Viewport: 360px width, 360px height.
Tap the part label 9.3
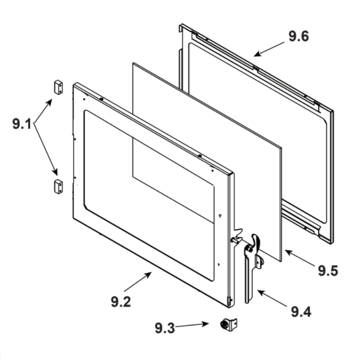tap(165, 328)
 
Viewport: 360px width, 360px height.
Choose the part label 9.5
tap(328, 270)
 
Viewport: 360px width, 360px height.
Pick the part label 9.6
tap(298, 37)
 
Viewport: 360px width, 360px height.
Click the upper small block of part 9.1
tap(58, 87)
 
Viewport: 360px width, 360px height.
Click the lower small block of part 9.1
tap(58, 186)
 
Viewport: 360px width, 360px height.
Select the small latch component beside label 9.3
tap(228, 324)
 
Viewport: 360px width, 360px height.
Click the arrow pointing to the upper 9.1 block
tap(44, 112)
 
